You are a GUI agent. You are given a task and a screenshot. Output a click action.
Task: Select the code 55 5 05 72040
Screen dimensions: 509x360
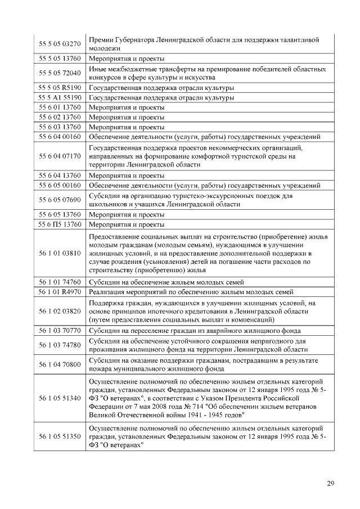pos(59,73)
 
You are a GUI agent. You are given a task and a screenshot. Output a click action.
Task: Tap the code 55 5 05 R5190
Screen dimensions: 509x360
pos(59,88)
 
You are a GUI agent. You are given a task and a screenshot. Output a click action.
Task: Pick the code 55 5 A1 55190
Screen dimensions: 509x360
pos(59,97)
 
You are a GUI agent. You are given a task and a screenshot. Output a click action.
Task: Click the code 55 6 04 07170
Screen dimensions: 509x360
pos(59,156)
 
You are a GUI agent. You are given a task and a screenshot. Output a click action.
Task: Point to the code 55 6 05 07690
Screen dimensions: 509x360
pos(59,200)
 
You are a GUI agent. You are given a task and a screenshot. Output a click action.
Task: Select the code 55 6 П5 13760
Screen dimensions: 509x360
pos(59,224)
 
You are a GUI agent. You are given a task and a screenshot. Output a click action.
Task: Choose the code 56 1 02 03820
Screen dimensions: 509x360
pos(59,311)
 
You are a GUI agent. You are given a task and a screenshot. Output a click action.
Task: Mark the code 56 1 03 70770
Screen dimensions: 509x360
pos(59,330)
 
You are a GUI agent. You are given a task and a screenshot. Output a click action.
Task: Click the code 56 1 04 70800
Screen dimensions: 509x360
pos(59,364)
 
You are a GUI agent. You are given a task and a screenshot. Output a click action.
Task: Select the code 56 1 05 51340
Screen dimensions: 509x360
pos(59,398)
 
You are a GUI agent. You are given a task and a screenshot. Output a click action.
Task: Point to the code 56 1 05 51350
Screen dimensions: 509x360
pos(59,436)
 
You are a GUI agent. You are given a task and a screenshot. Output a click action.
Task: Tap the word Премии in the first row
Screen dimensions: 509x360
pos(102,39)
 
